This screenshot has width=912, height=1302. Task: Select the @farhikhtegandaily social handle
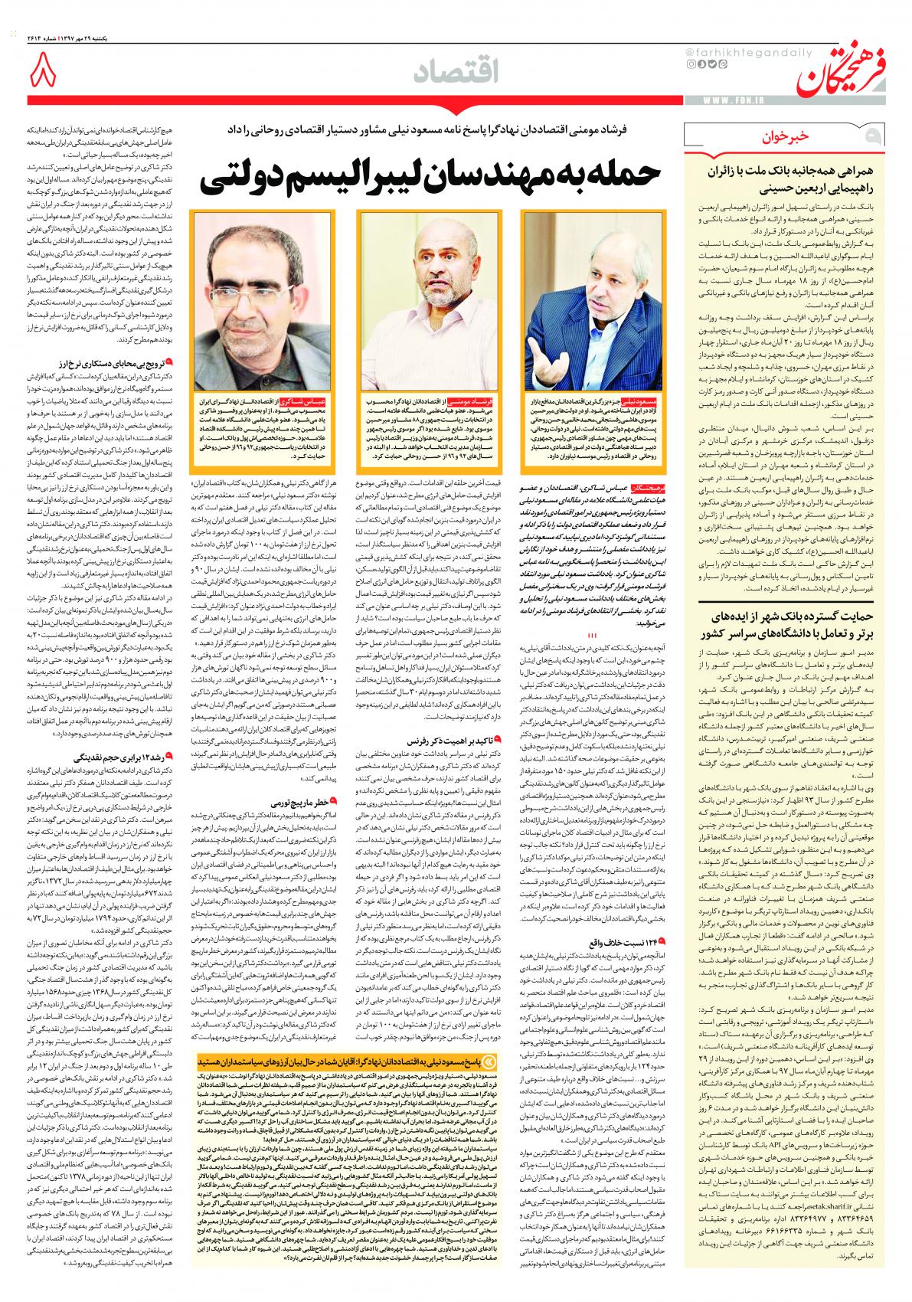728,51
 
